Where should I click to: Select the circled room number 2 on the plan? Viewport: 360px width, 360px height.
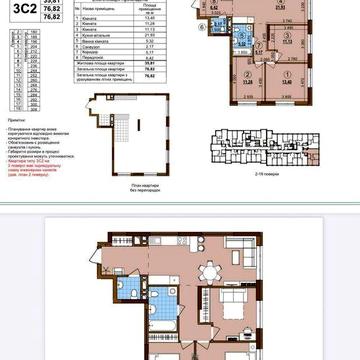point(245,73)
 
